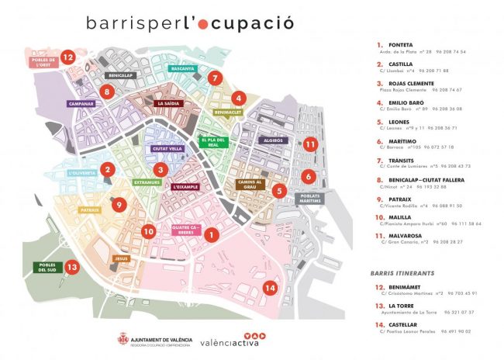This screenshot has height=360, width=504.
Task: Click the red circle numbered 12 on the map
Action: [x=68, y=57]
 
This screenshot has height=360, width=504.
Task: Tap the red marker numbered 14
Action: [x=269, y=289]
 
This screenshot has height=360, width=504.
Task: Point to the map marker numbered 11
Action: [x=310, y=144]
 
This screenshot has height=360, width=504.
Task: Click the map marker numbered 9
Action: [x=118, y=205]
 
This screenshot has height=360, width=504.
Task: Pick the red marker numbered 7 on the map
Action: [x=216, y=78]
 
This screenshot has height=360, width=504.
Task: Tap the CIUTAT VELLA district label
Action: [x=168, y=148]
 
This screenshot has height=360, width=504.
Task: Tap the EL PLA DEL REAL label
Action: [x=212, y=142]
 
